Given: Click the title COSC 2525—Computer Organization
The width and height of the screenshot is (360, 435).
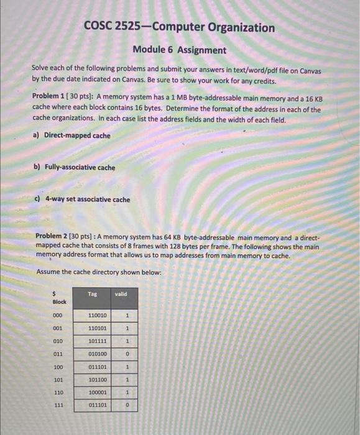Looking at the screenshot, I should click(x=179, y=27).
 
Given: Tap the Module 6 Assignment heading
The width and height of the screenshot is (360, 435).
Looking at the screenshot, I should click(x=180, y=50).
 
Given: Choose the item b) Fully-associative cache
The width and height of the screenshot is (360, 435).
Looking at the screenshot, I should click(x=73, y=167).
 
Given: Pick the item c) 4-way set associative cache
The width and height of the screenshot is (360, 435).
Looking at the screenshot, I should click(x=81, y=199).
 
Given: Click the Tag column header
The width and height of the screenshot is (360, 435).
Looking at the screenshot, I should click(x=93, y=294).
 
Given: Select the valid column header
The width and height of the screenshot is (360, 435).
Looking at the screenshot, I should click(x=121, y=294).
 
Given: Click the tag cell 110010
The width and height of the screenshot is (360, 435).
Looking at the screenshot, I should click(x=97, y=316).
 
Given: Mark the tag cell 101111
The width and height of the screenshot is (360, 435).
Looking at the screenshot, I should click(x=97, y=341).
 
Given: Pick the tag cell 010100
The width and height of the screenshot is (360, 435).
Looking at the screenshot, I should click(x=97, y=354).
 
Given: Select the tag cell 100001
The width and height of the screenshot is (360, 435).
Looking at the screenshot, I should click(x=97, y=393).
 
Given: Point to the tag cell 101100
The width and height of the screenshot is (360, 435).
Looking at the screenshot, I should click(x=97, y=380).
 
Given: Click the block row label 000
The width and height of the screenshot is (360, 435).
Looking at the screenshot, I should click(x=58, y=316).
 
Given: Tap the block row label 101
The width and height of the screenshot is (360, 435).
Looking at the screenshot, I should click(x=58, y=380).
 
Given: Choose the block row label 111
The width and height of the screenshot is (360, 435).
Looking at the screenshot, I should click(x=58, y=405).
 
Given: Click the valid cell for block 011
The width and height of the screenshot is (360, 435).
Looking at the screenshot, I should click(x=126, y=354).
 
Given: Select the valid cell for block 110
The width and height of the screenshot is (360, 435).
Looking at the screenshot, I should click(x=126, y=393).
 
